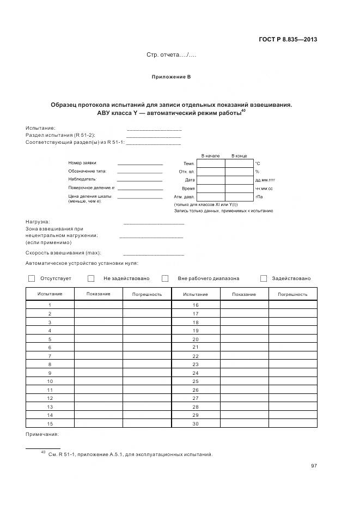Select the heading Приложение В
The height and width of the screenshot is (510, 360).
point(170,77)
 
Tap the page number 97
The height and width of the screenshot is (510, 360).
point(314,465)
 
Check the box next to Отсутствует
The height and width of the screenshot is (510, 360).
point(32,278)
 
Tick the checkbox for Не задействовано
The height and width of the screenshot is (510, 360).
point(91,278)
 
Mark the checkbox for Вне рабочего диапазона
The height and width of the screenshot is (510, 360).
point(165,278)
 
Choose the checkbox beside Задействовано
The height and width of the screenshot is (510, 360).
point(264,278)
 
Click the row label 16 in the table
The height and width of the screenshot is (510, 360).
point(196,305)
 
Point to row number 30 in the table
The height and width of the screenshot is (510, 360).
point(196,424)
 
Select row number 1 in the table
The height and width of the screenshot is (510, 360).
point(50,305)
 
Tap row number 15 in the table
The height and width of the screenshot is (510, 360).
point(50,424)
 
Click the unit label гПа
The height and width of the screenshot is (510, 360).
point(259,197)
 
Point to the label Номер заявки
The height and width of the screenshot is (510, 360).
point(82,163)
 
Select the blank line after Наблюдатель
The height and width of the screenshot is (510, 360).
point(139,179)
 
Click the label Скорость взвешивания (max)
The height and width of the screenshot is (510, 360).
point(64,253)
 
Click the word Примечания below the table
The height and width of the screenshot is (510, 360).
point(42,434)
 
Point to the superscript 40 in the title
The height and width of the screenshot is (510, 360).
point(243,111)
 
